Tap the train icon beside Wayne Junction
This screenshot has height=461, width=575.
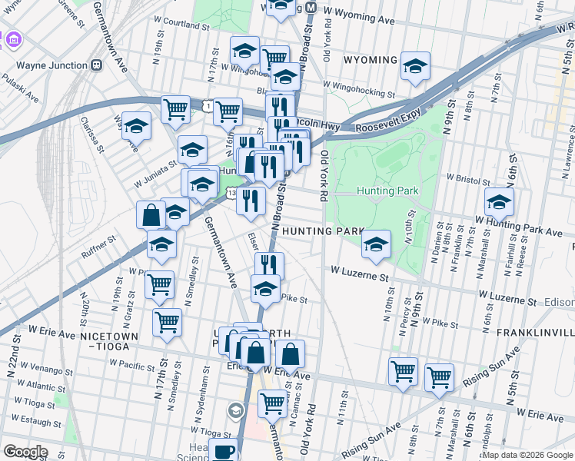(x=97, y=65)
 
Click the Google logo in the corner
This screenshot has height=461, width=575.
(x=25, y=451)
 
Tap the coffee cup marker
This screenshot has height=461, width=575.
(x=224, y=453)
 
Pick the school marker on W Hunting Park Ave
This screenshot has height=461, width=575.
(x=499, y=203)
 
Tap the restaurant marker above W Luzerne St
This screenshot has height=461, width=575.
(x=269, y=266)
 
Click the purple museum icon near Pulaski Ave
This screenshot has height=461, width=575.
(x=13, y=38)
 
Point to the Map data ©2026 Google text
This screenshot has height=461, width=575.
(x=527, y=455)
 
